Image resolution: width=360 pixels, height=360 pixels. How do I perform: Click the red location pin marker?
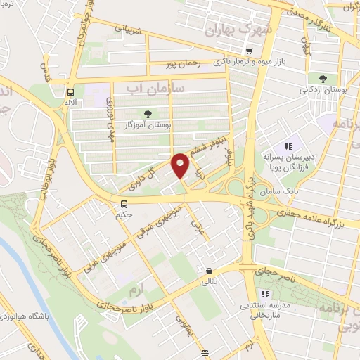pyautogui.click(x=180, y=164)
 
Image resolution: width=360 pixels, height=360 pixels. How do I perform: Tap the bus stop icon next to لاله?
pyautogui.click(x=71, y=92)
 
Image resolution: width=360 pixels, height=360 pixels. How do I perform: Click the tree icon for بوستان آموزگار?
pyautogui.click(x=148, y=113)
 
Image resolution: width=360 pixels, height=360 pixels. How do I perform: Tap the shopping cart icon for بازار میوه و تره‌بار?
pyautogui.click(x=249, y=51)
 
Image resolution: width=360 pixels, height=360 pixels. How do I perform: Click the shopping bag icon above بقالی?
pyautogui.click(x=210, y=271)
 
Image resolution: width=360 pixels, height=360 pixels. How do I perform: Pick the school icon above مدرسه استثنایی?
pyautogui.click(x=265, y=295)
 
